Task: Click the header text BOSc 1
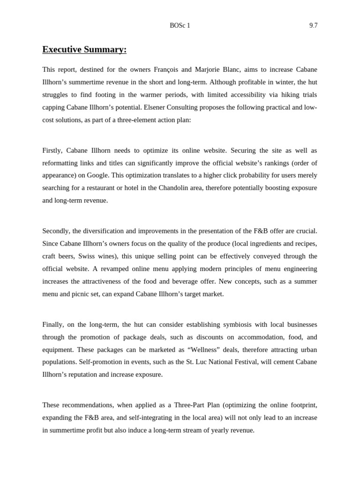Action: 180,26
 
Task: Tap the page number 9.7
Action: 313,26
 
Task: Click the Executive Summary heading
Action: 84,50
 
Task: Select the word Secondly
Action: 56,231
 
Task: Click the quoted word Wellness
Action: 201,350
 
